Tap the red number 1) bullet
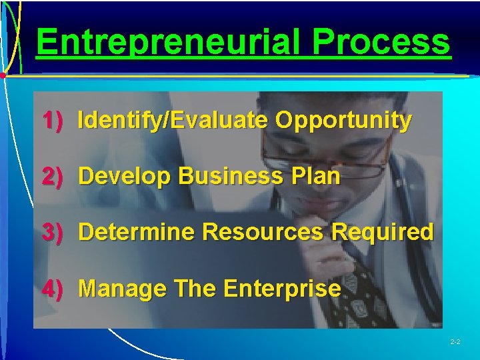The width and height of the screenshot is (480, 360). tap(53, 121)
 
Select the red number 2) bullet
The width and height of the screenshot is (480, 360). tap(53, 176)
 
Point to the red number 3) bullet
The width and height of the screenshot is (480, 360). tap(53, 232)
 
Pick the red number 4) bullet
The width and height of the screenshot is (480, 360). tap(53, 289)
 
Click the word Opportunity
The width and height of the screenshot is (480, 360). tap(343, 121)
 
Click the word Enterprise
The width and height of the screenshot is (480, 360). tap(283, 289)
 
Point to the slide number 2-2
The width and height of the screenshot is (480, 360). tap(456, 342)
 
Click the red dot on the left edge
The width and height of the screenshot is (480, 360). tap(3, 76)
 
